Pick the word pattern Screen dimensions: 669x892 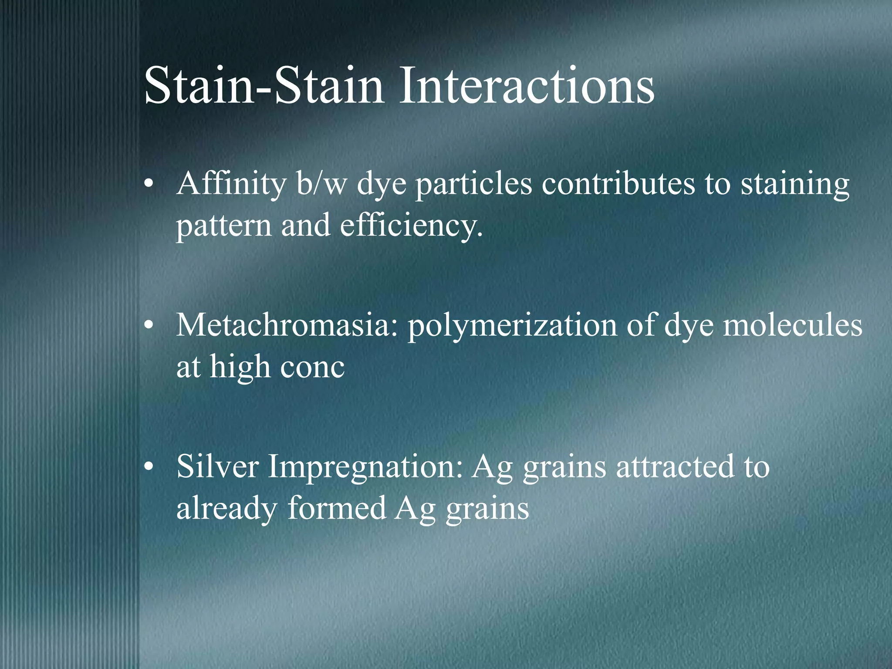(x=223, y=226)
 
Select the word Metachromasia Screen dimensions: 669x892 (x=287, y=325)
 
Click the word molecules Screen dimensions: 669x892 (x=792, y=325)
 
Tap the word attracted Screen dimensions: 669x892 (x=675, y=466)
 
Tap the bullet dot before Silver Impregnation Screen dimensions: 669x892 (x=149, y=467)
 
